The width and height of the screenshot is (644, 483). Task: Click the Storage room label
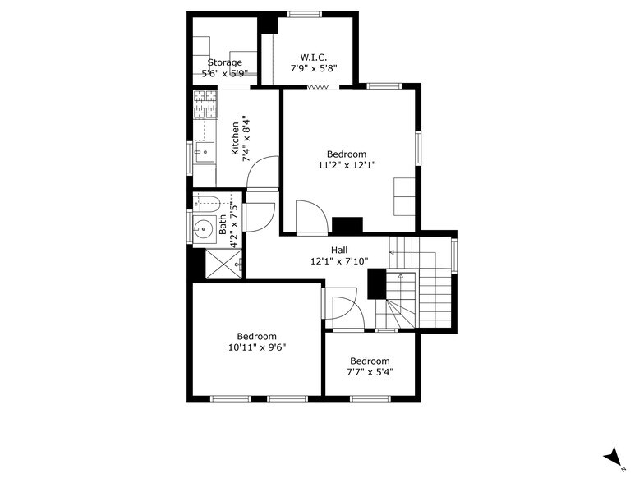pos(224,62)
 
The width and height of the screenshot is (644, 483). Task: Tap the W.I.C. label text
pos(314,57)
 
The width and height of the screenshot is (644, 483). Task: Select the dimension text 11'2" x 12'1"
pos(347,165)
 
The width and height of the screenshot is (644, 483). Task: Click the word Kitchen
pos(236,138)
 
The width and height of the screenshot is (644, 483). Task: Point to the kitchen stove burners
pos(204,103)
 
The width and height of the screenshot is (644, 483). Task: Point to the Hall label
pos(339,251)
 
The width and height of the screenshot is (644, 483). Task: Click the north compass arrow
pos(611,458)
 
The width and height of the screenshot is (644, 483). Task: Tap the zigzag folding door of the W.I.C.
pos(319,87)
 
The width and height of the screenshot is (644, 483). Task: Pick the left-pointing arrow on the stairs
pos(393,253)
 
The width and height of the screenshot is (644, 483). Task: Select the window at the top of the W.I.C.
pos(304,13)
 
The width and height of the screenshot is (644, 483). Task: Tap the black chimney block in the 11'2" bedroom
pos(347,225)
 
